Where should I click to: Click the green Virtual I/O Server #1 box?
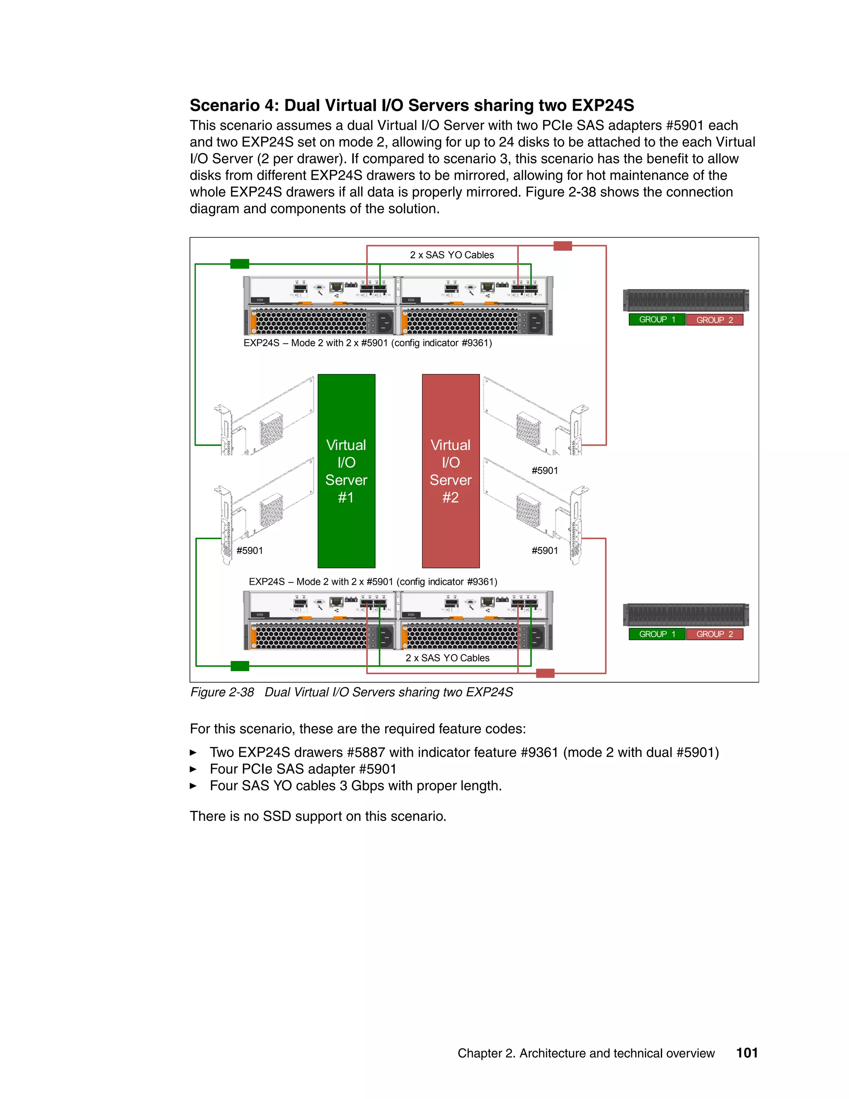tap(346, 471)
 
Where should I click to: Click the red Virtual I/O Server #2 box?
tap(451, 471)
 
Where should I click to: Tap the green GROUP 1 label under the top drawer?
tap(656, 319)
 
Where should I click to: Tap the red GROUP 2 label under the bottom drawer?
tap(714, 634)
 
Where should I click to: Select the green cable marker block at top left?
tap(240, 264)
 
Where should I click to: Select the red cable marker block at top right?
tap(562, 246)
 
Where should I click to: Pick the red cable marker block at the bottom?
tap(545, 673)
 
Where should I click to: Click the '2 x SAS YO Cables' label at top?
tap(452, 255)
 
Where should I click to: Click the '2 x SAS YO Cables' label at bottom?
tap(447, 658)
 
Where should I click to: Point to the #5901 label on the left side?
tap(250, 550)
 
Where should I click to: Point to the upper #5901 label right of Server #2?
tap(545, 471)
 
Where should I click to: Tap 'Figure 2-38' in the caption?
tap(222, 693)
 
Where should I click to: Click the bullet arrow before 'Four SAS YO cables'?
tap(193, 786)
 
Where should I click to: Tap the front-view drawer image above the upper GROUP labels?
tap(686, 300)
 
